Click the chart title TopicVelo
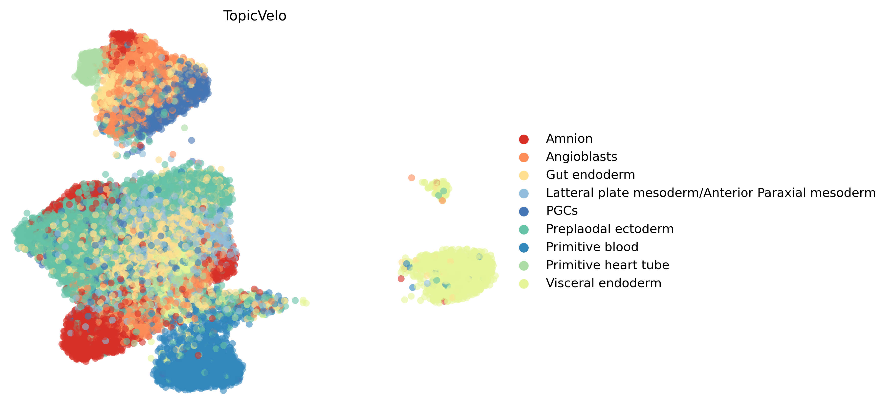coord(255,16)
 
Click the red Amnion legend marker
coord(524,139)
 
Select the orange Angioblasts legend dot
coord(524,157)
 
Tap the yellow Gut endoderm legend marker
coord(524,175)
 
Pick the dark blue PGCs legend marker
coord(524,211)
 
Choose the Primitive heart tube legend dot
coord(524,265)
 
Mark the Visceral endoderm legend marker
coord(524,284)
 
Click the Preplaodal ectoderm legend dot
coord(524,229)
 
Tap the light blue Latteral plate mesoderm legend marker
coord(524,193)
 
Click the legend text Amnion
coord(569,139)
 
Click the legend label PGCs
coord(562,211)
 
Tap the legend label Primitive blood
coord(592,247)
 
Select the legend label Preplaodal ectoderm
coord(609,229)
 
